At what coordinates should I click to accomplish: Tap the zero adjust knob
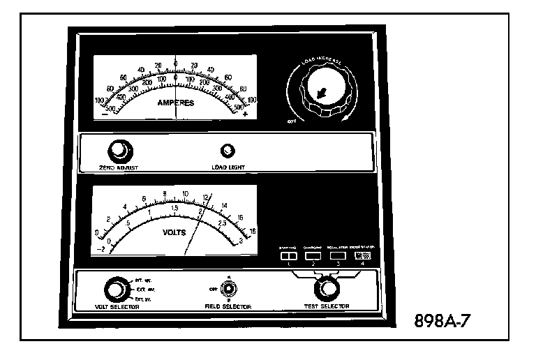[x=119, y=150]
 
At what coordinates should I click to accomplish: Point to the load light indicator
[x=227, y=151]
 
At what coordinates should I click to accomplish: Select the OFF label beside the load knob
[x=293, y=120]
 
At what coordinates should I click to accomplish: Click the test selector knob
[x=323, y=287]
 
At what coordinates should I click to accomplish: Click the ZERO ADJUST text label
[x=119, y=167]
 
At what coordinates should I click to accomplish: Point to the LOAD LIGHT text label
[x=228, y=167]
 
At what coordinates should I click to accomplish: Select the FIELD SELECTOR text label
[x=228, y=306]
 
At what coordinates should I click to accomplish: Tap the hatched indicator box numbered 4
[x=363, y=255]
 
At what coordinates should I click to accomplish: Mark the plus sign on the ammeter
[x=245, y=114]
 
